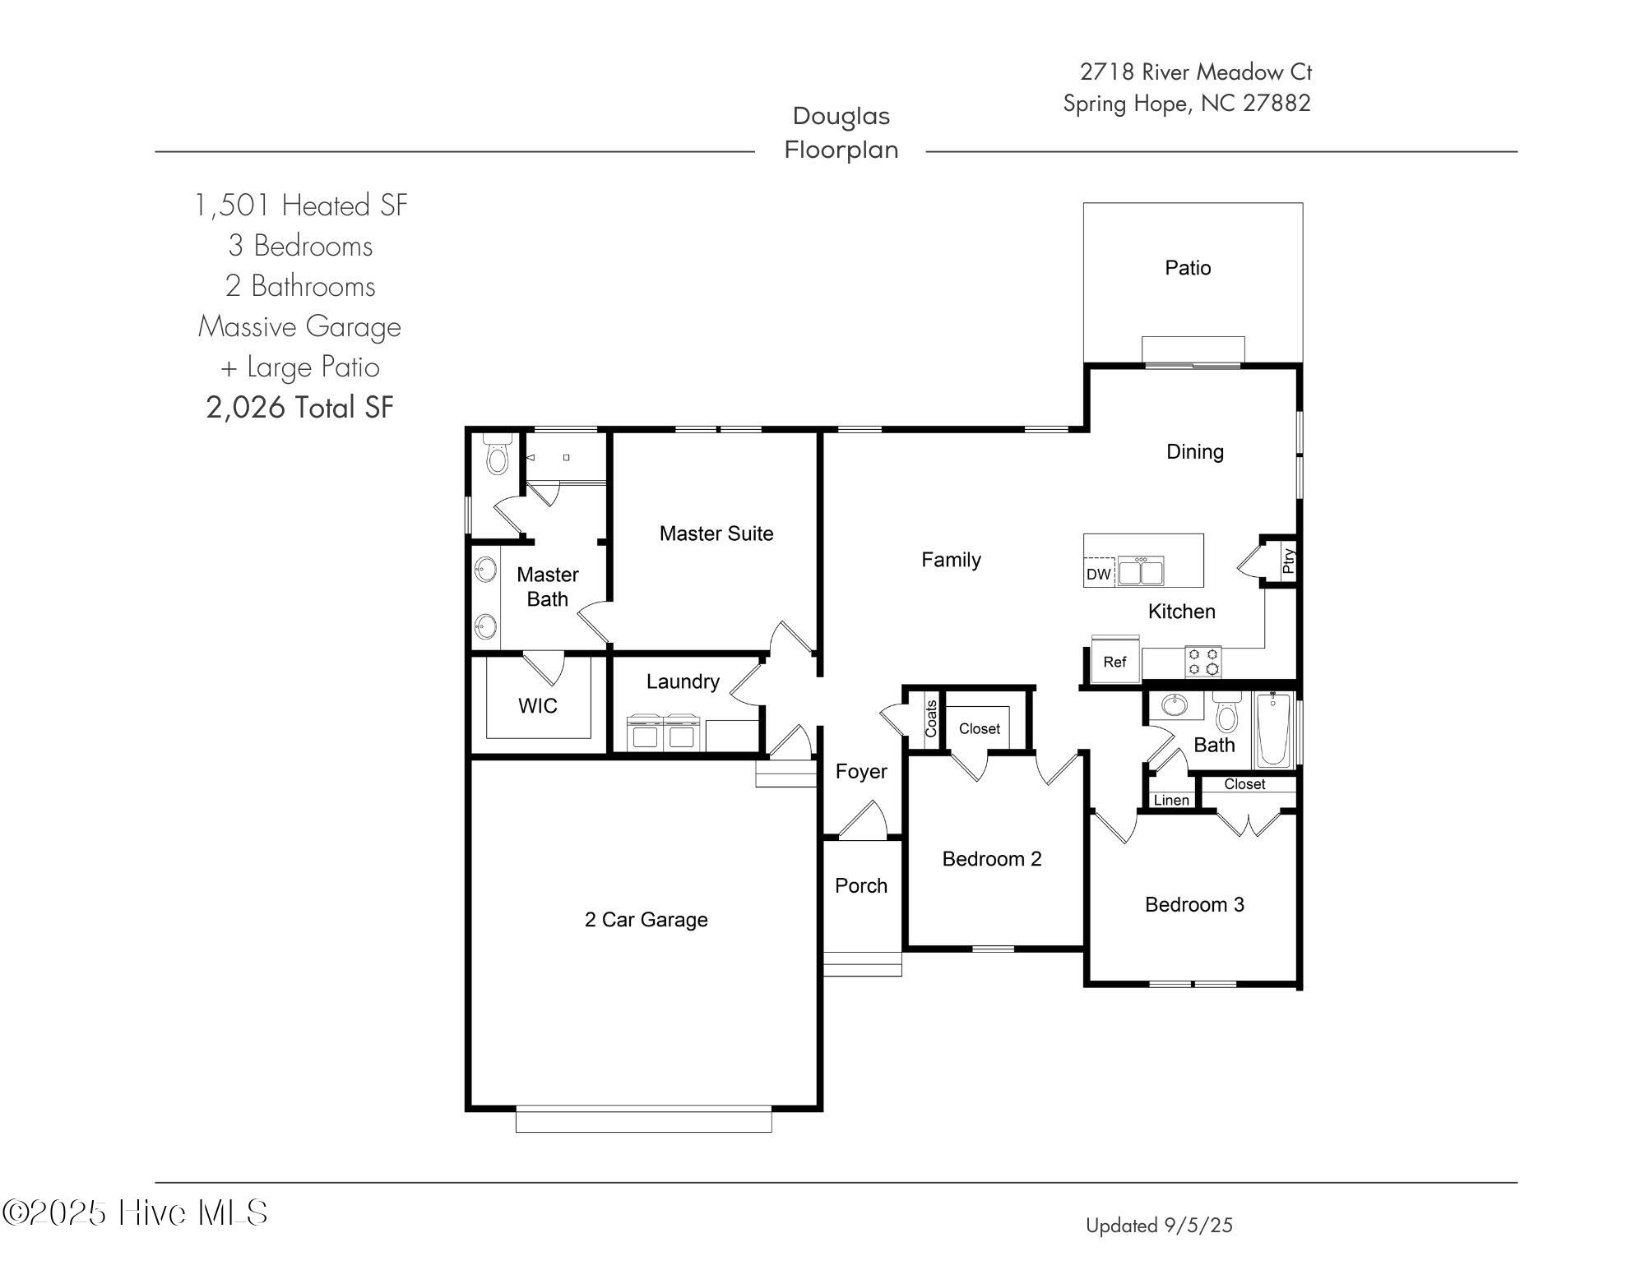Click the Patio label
click(1188, 268)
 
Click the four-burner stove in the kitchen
click(1203, 662)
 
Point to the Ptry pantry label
click(1288, 561)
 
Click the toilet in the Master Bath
click(497, 455)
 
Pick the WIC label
click(538, 705)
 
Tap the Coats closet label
click(931, 718)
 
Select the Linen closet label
click(1171, 800)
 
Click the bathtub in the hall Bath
click(1273, 729)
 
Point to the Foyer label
click(861, 771)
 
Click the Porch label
click(861, 885)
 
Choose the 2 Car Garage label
click(646, 919)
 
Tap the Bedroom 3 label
click(1194, 904)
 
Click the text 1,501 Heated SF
click(301, 206)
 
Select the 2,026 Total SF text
click(300, 407)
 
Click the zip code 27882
click(1277, 104)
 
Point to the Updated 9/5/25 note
click(1159, 1226)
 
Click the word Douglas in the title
click(841, 116)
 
